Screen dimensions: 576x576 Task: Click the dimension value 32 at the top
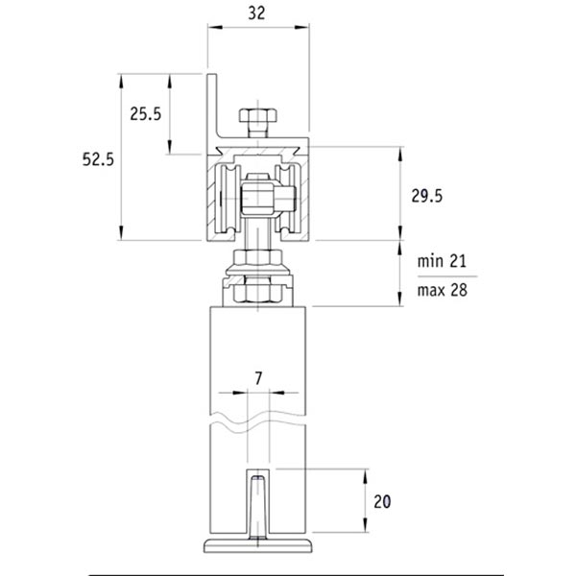(x=256, y=13)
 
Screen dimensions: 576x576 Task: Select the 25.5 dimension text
(x=146, y=114)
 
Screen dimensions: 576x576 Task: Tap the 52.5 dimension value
(x=98, y=159)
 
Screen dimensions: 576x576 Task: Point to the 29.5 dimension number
(x=427, y=196)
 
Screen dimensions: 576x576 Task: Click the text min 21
(x=442, y=261)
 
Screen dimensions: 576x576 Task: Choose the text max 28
(x=443, y=290)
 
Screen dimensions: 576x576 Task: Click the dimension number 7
(x=258, y=378)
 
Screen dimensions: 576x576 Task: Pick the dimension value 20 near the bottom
(x=382, y=501)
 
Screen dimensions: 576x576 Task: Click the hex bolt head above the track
(x=258, y=115)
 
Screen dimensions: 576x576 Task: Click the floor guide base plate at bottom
(x=258, y=546)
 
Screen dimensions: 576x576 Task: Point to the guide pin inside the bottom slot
(x=258, y=507)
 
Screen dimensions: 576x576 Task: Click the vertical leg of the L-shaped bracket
(x=212, y=106)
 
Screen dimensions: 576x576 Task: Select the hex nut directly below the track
(x=258, y=257)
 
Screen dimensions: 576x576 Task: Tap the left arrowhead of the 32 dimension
(x=215, y=27)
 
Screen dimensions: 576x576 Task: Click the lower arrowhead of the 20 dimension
(x=365, y=524)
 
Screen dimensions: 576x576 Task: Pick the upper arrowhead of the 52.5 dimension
(x=121, y=82)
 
